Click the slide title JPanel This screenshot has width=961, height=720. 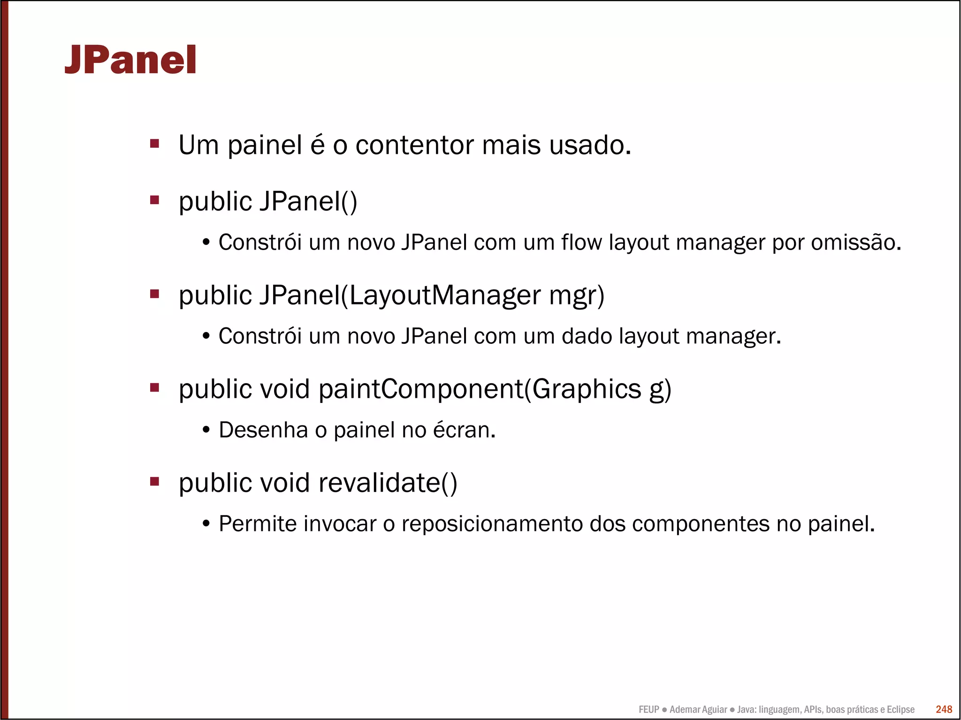[130, 60]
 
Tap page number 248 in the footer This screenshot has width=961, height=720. [944, 709]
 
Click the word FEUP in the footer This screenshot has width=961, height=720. [648, 710]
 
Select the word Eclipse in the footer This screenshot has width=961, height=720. [900, 710]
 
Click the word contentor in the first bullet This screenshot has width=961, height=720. [414, 145]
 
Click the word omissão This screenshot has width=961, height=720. [856, 243]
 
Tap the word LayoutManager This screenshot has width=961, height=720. [445, 296]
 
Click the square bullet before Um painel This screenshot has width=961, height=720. [154, 143]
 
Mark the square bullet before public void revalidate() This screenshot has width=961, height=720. [154, 481]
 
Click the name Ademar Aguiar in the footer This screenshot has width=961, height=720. [698, 710]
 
